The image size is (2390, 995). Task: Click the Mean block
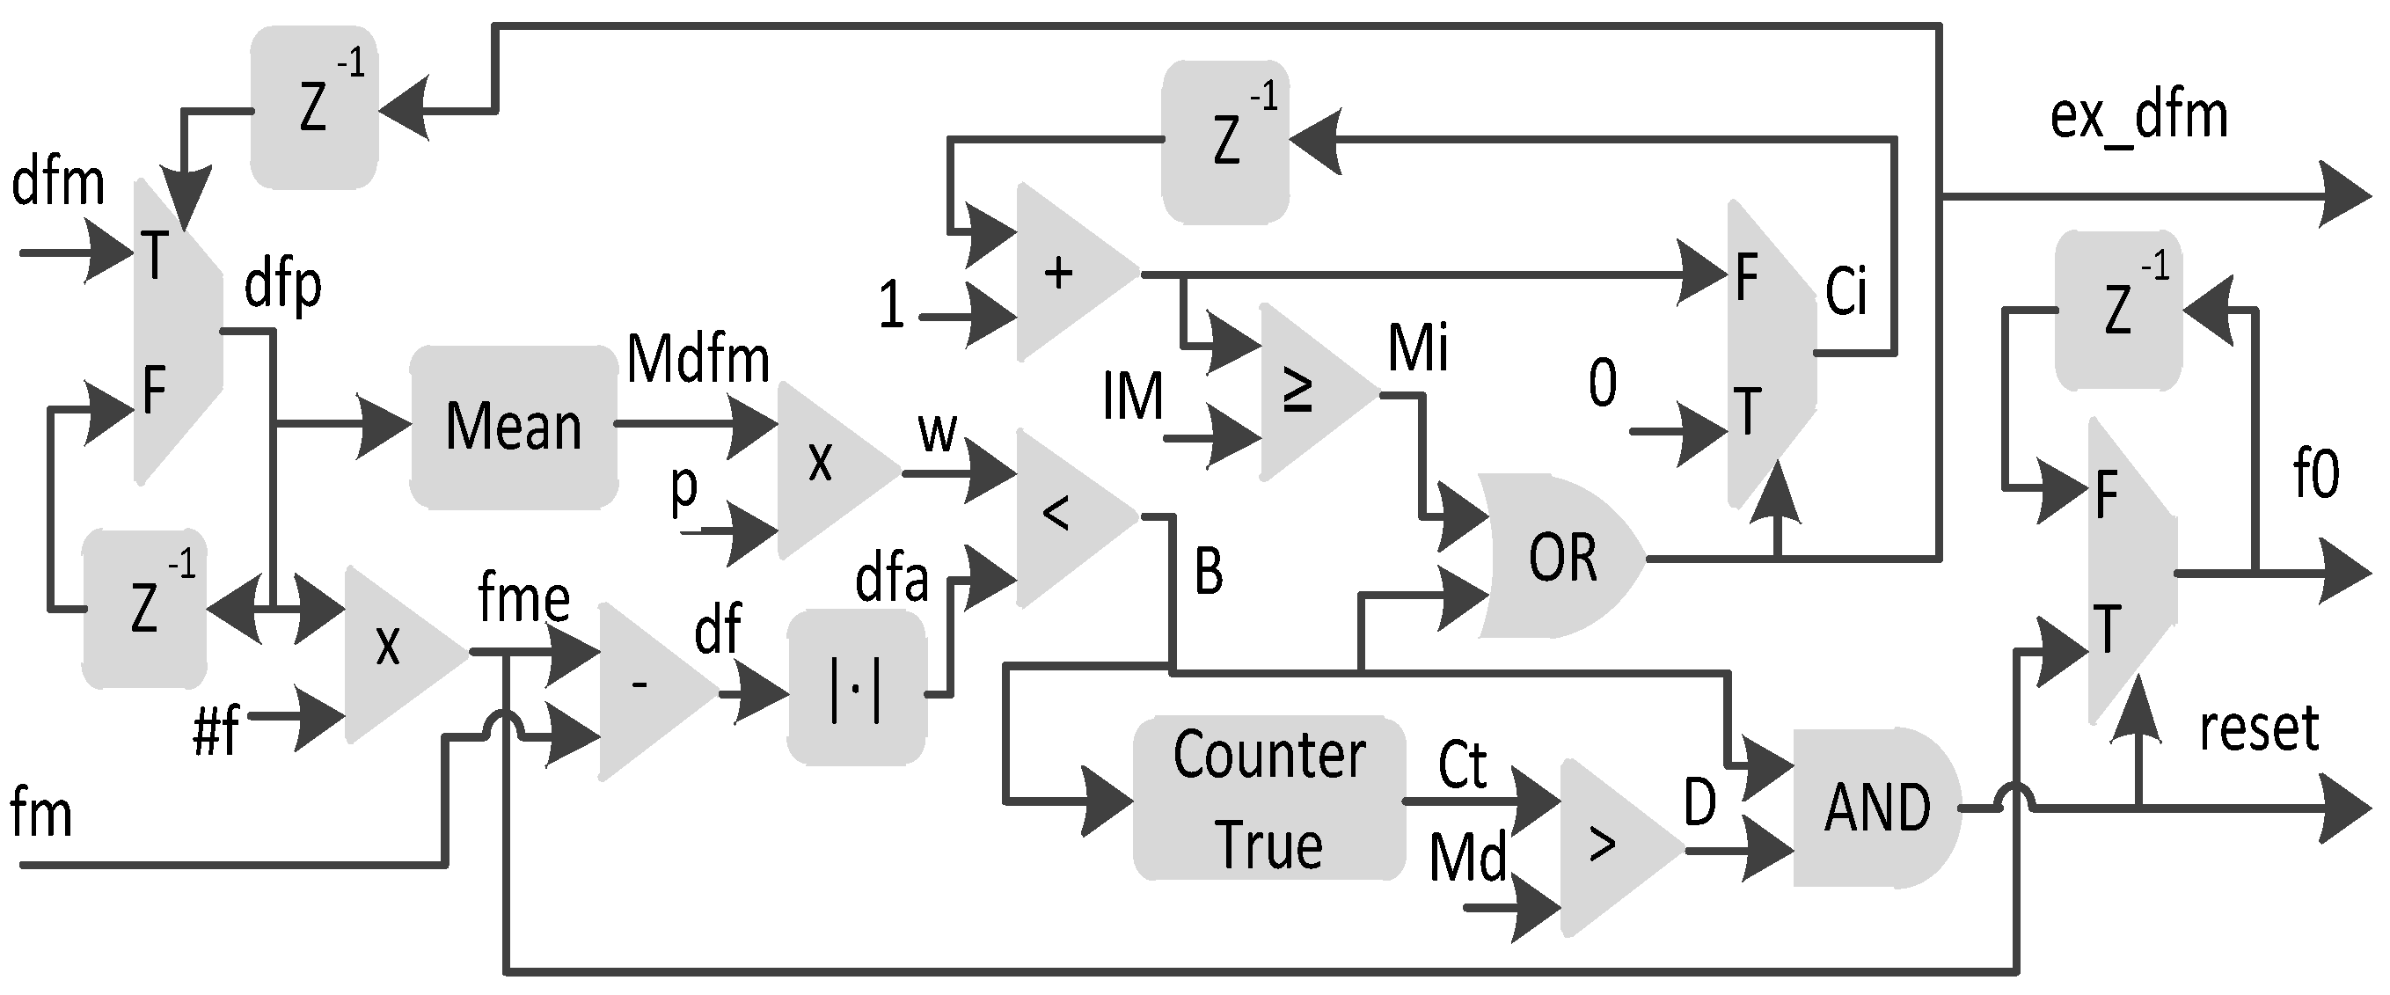[514, 427]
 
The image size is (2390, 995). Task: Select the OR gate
[1559, 558]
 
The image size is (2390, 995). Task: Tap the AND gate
[1875, 808]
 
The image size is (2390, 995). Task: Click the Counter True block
[1268, 798]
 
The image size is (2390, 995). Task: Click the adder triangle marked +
[1067, 273]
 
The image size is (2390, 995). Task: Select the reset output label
[2258, 728]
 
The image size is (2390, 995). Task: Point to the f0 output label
[2316, 473]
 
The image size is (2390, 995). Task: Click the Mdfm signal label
[698, 359]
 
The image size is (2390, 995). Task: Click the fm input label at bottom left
[40, 813]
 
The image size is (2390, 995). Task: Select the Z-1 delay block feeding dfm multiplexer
[315, 108]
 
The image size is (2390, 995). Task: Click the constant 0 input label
[1603, 383]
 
